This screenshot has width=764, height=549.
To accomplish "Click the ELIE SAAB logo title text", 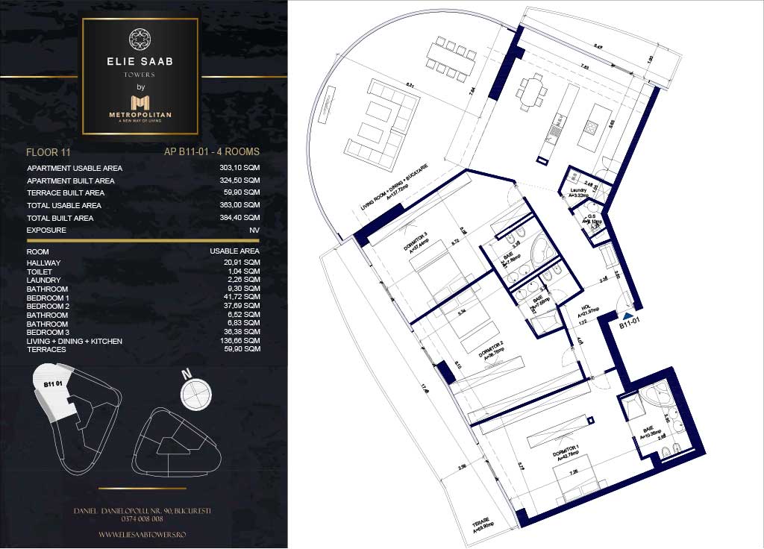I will [140, 62].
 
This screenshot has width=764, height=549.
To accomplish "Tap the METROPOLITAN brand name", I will [140, 114].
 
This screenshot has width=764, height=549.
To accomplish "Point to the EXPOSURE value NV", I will [254, 230].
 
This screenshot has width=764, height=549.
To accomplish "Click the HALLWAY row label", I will [43, 263].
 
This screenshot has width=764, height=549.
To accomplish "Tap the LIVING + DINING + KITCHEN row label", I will [74, 341].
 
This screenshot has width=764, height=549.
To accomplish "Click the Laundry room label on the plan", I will [577, 190].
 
